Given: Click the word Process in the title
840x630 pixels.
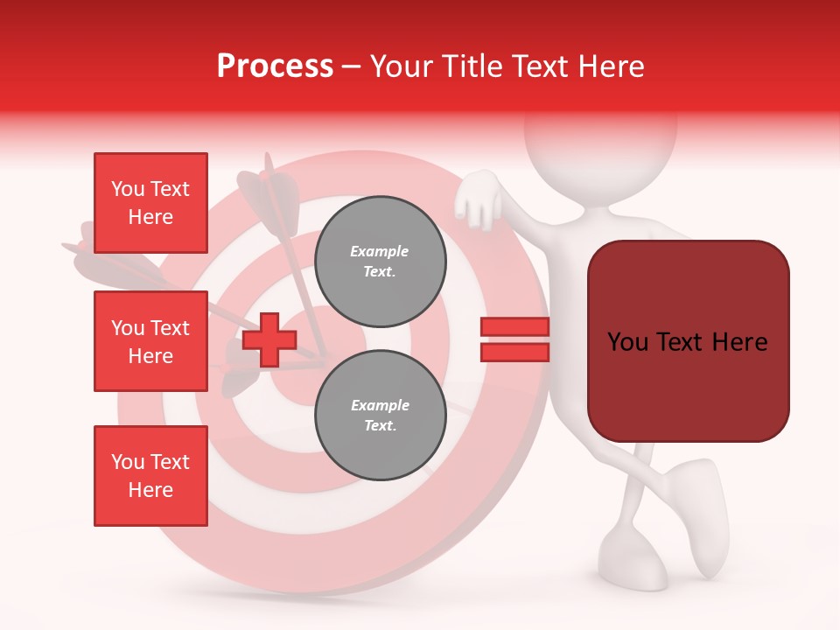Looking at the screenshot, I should pyautogui.click(x=275, y=66).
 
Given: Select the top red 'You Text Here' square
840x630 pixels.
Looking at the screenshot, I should pyautogui.click(x=150, y=203).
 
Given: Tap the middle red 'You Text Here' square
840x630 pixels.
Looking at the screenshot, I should pyautogui.click(x=150, y=341).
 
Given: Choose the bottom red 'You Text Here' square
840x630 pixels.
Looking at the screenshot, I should pyautogui.click(x=150, y=476).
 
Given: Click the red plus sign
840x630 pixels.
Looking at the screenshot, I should pyautogui.click(x=269, y=340).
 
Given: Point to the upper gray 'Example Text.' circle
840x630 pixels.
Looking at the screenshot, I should pyautogui.click(x=380, y=261).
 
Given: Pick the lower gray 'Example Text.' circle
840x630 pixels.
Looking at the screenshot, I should pyautogui.click(x=380, y=415).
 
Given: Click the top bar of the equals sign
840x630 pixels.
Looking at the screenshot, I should pyautogui.click(x=514, y=327).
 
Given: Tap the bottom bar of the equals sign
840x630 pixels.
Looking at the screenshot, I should pyautogui.click(x=514, y=352).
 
